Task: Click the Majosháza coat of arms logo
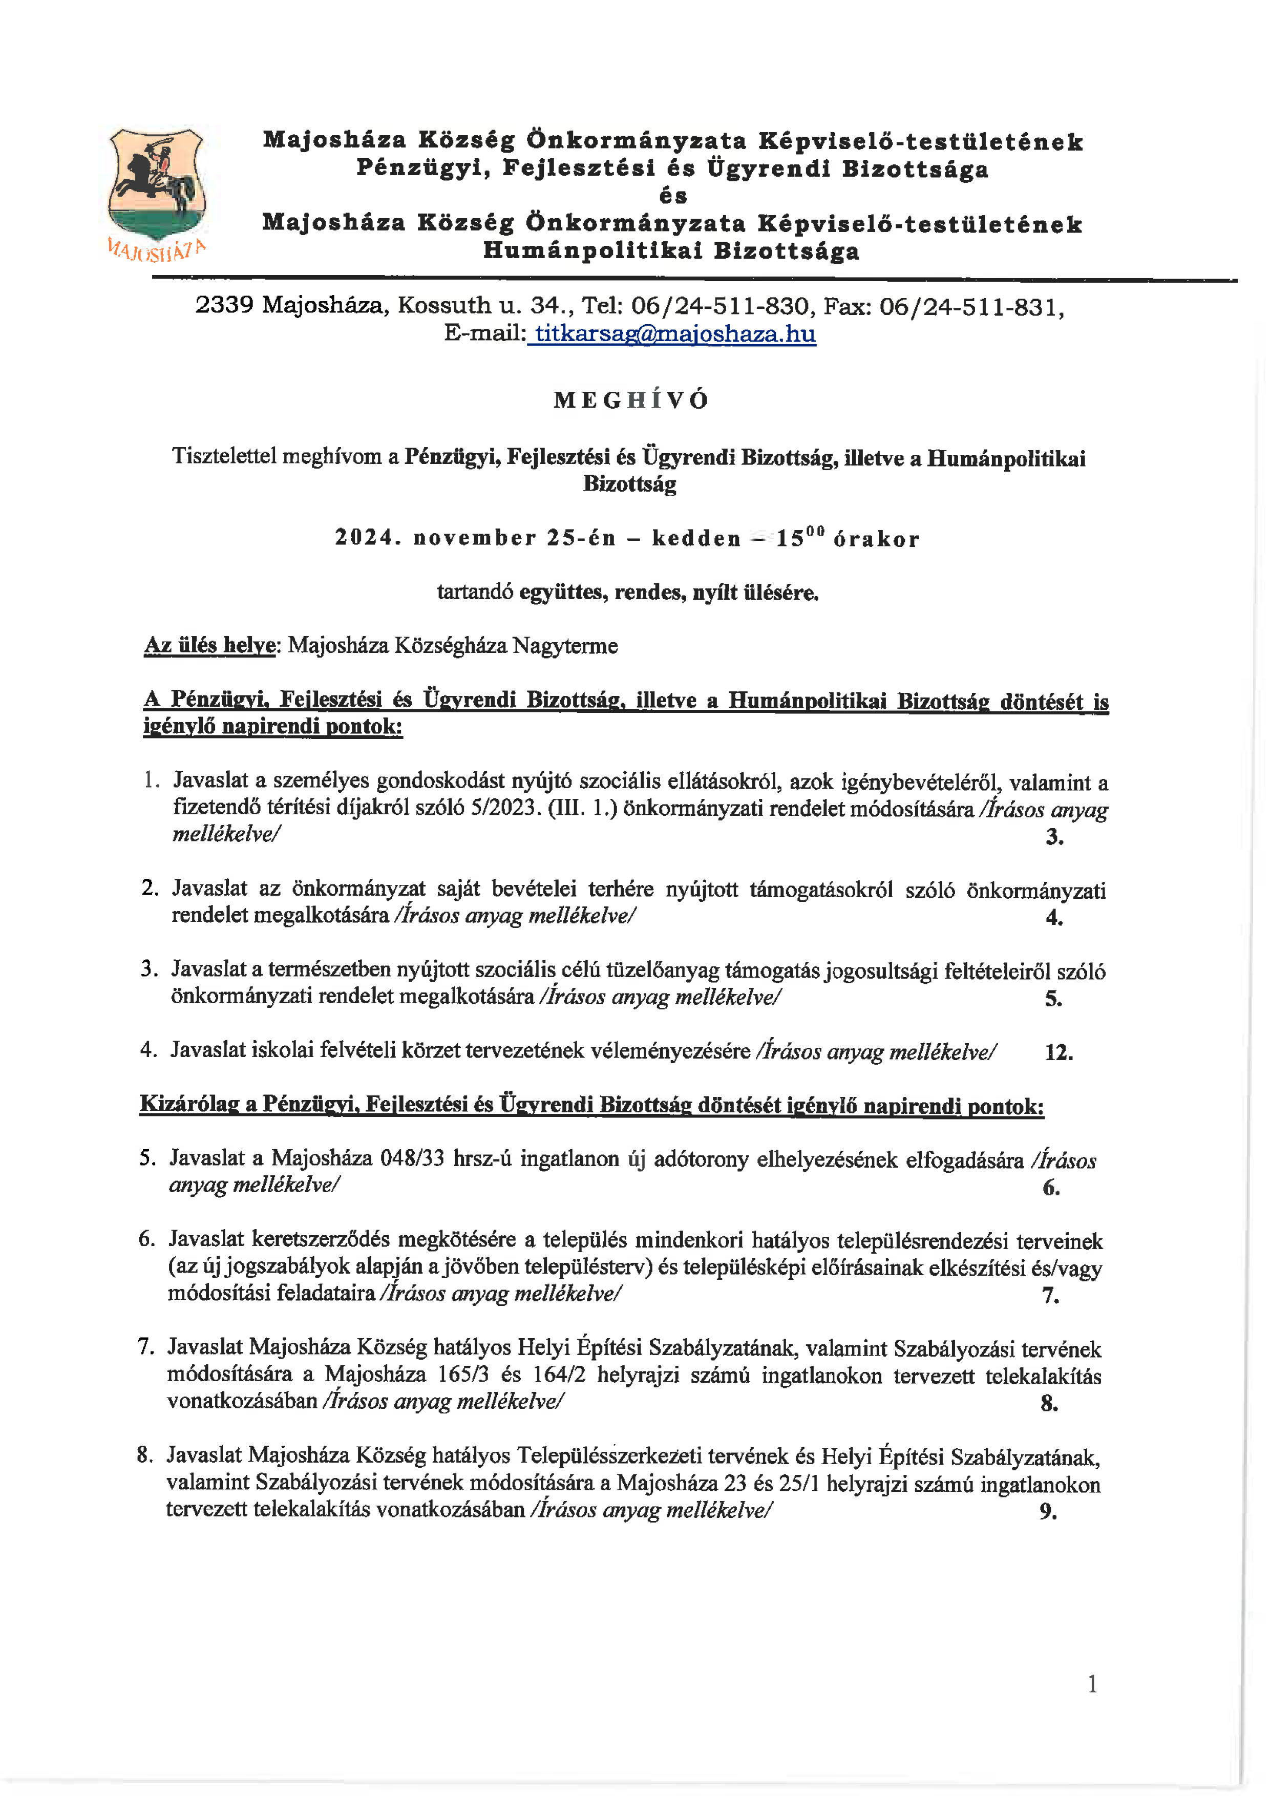[156, 188]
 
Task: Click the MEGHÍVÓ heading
[631, 400]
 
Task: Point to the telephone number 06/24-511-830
[720, 306]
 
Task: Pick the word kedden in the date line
[696, 539]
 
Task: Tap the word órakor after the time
[876, 540]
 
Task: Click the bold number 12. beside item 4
[1058, 1052]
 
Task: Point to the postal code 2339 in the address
[224, 305]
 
